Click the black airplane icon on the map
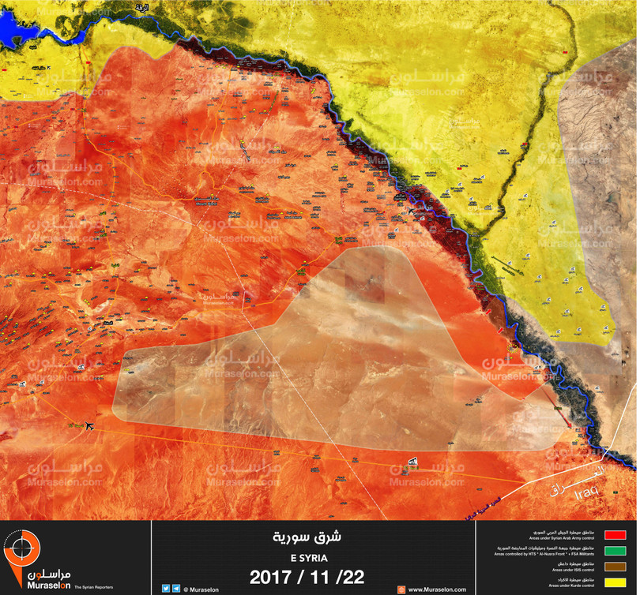pos(88,426)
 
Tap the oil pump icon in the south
pos(412,462)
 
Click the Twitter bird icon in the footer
pos(166,587)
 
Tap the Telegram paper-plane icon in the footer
pos(176,587)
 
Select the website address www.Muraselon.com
pos(437,589)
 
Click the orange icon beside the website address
pos(401,589)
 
